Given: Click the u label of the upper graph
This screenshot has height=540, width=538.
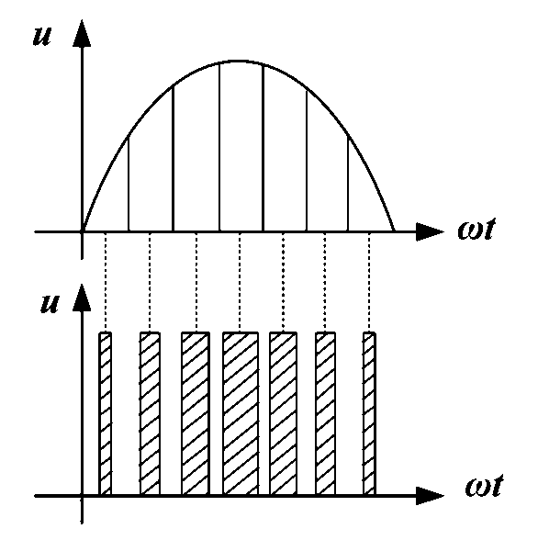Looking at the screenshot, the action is pyautogui.click(x=42, y=36).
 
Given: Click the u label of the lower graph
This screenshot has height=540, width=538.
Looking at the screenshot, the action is pyautogui.click(x=50, y=303).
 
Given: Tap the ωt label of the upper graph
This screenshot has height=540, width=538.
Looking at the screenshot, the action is pyautogui.click(x=476, y=228).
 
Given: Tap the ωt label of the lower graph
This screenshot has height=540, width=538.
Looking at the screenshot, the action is pyautogui.click(x=485, y=486).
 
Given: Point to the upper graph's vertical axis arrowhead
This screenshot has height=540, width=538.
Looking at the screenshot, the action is pyautogui.click(x=82, y=33).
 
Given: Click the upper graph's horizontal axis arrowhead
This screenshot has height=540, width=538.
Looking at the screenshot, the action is pyautogui.click(x=430, y=231).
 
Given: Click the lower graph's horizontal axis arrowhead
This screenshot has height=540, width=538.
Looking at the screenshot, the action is pyautogui.click(x=430, y=496).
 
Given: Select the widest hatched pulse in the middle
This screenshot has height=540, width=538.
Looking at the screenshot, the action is pyautogui.click(x=241, y=414).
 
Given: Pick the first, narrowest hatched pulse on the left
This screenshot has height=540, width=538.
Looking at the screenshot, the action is pyautogui.click(x=106, y=414).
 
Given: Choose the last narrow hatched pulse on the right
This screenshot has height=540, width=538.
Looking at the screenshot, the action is pyautogui.click(x=369, y=414).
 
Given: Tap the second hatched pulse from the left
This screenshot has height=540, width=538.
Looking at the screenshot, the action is pyautogui.click(x=150, y=414).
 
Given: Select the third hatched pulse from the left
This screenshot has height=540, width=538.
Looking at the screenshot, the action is pyautogui.click(x=196, y=414).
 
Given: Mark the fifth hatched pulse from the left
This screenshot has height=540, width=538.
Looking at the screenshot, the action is pyautogui.click(x=284, y=414).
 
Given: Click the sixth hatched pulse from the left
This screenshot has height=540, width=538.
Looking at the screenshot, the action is pyautogui.click(x=326, y=414).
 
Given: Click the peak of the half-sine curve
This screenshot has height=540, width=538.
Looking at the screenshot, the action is pyautogui.click(x=239, y=62).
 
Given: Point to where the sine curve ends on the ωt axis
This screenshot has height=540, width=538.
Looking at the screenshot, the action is pyautogui.click(x=394, y=231).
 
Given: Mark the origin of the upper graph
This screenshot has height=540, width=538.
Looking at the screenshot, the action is pyautogui.click(x=82, y=231).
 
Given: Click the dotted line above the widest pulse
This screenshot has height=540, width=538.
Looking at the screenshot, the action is pyautogui.click(x=240, y=283).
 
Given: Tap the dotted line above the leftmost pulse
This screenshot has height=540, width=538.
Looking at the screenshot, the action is pyautogui.click(x=106, y=283).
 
